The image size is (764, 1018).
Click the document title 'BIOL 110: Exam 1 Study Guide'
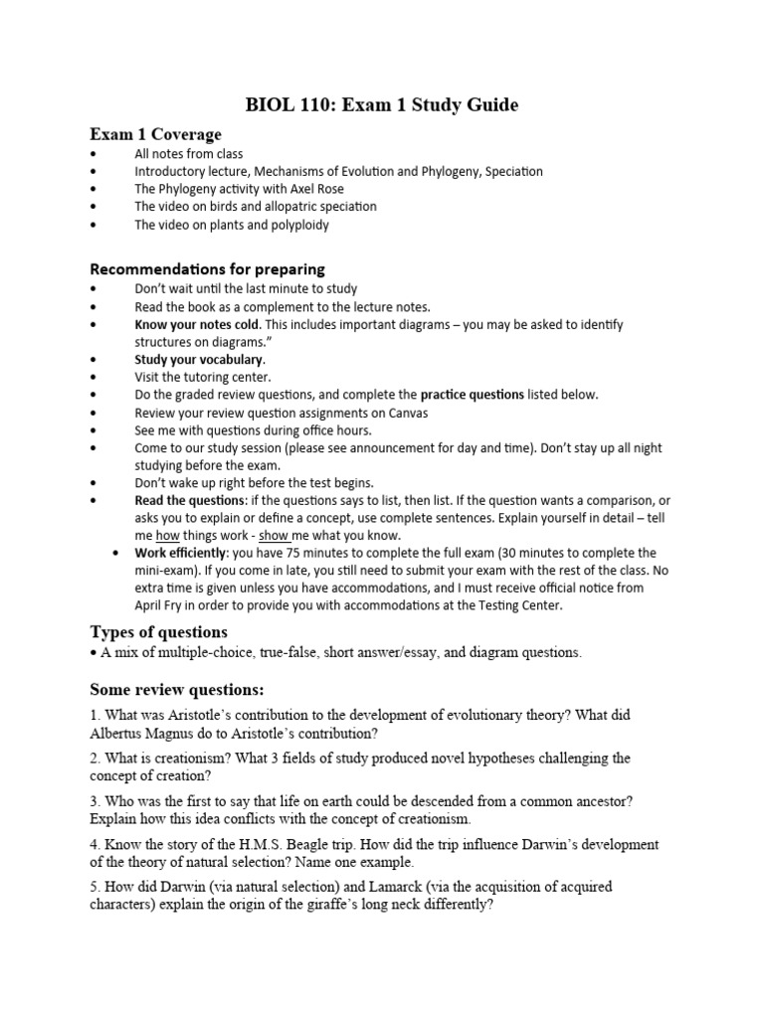[x=382, y=104]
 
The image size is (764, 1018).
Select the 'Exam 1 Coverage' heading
[x=155, y=134]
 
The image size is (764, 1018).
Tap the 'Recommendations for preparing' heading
[x=207, y=269]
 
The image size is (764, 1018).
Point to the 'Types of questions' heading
[x=158, y=632]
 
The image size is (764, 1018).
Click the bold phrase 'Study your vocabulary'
[x=199, y=359]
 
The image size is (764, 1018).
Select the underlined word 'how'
[x=166, y=535]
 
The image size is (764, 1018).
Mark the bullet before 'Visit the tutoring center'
[x=94, y=378]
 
